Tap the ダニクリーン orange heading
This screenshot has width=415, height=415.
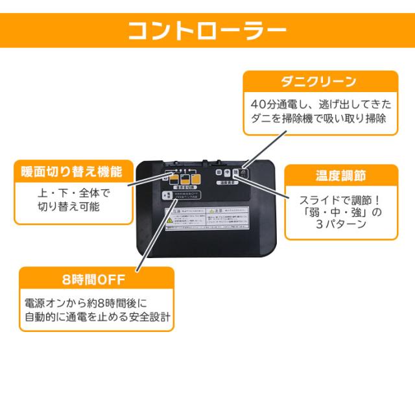tap(318, 82)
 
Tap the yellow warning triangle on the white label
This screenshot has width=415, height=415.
tap(170, 220)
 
